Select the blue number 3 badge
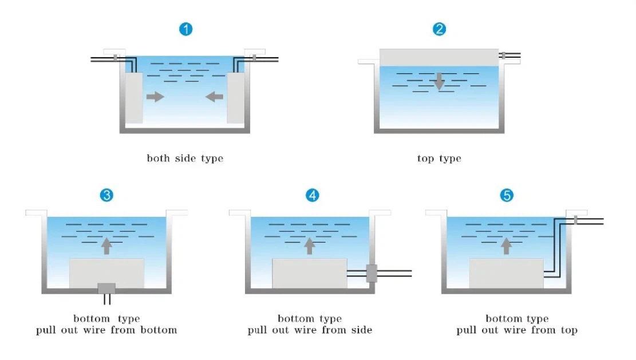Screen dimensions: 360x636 tap(106, 195)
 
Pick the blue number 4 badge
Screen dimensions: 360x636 tap(311, 195)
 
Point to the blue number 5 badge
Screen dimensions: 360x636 tap(507, 195)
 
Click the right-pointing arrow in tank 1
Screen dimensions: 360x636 tap(155, 97)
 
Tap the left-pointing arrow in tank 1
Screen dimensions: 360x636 tap(214, 97)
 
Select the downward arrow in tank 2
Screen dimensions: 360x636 tap(439, 81)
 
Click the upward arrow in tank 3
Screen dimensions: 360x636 tap(106, 246)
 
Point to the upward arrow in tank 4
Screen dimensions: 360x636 tap(310, 246)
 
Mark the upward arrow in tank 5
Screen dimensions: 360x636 tap(506, 246)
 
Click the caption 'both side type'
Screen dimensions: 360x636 tap(185, 159)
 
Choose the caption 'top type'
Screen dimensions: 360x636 tap(439, 159)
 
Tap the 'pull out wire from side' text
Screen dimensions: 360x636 tap(310, 330)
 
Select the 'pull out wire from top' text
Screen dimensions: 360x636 tap(517, 330)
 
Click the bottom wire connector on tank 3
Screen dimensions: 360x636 tap(106, 288)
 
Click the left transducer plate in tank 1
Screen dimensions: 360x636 tap(133, 97)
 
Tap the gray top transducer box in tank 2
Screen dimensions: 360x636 tap(439, 57)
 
